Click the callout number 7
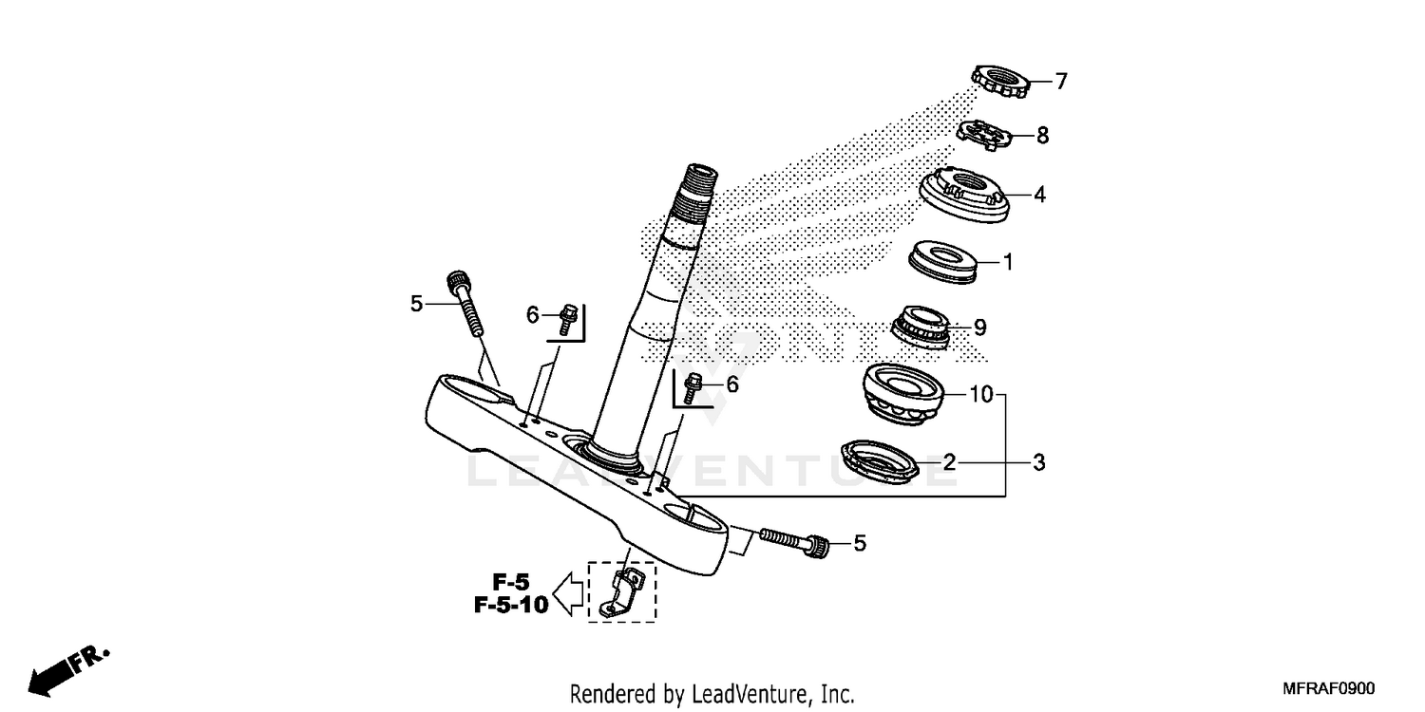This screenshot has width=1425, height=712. (1061, 82)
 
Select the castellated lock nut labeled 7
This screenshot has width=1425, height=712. (1000, 83)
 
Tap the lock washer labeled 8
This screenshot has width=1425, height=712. (986, 135)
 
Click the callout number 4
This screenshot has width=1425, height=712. (1039, 195)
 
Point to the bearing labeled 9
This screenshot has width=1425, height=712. (925, 327)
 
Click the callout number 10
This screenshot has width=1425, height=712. (979, 393)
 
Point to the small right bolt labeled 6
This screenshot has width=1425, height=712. (693, 386)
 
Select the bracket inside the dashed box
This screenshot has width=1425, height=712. (621, 591)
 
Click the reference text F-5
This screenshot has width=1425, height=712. (511, 581)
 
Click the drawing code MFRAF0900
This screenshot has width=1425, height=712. (1327, 688)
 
